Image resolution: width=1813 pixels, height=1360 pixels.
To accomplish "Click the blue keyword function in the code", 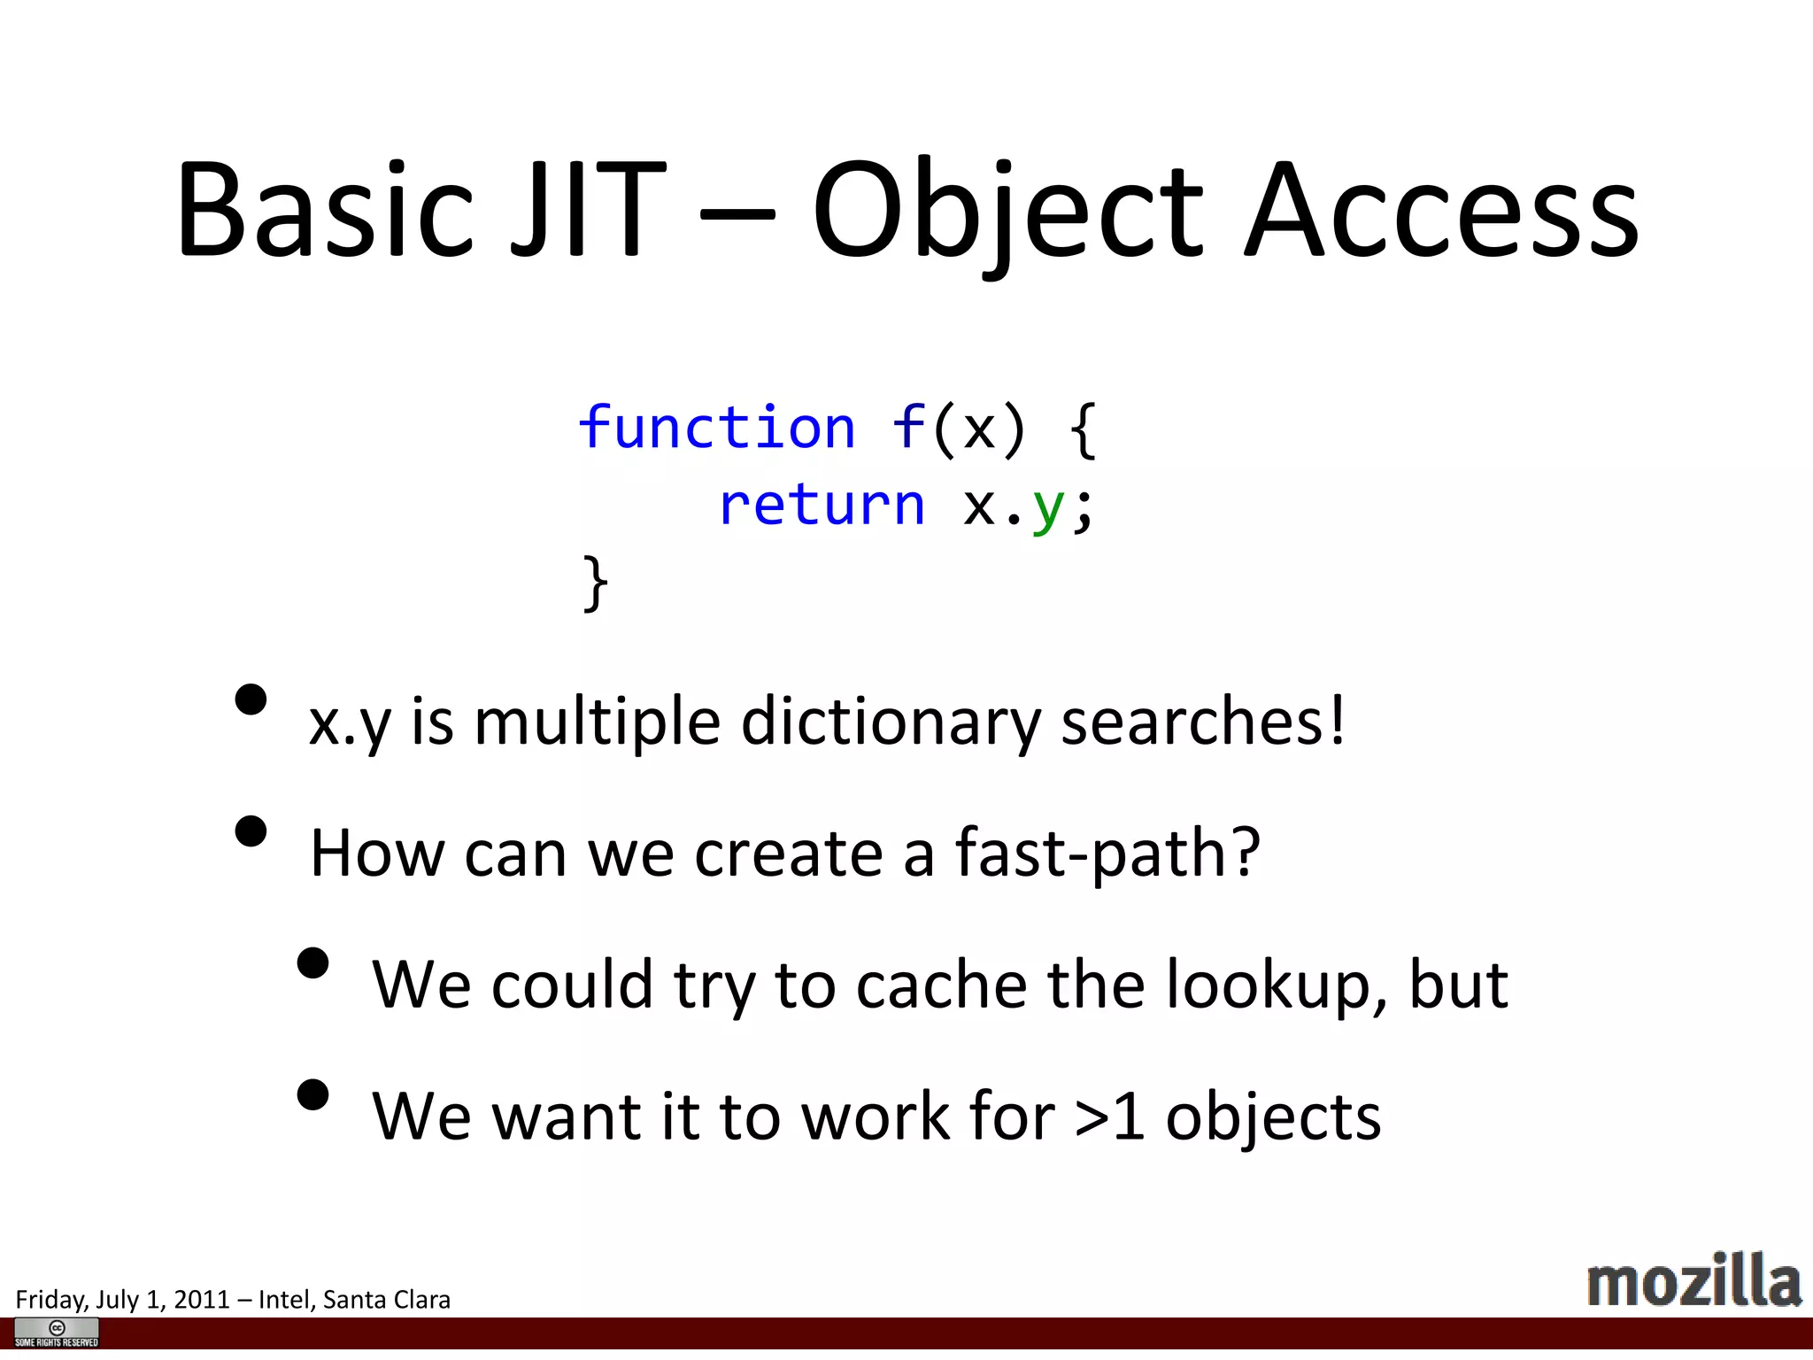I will pos(716,429).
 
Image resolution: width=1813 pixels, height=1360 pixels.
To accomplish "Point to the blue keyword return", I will pos(822,506).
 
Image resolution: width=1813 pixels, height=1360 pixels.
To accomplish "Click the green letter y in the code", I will pos(1048,508).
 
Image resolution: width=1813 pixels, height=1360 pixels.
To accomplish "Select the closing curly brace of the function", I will pos(596,583).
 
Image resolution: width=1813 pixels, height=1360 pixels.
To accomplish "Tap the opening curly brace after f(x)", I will pos(1083,430).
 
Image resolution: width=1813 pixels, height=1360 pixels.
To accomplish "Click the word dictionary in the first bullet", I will pos(891,722).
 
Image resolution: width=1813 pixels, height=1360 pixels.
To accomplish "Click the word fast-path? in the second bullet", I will pos(1107,853).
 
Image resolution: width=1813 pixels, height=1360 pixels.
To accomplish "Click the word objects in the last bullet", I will pos(1273,1117).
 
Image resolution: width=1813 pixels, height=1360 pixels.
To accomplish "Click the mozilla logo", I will pos(1693,1281).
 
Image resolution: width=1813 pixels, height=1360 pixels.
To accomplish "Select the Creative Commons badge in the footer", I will pos(57,1332).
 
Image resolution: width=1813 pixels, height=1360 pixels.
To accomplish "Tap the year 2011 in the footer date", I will pos(202,1300).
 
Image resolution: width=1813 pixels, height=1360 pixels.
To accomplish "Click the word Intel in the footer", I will pos(283,1300).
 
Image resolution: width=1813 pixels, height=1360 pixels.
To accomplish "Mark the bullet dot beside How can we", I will pos(251,831).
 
